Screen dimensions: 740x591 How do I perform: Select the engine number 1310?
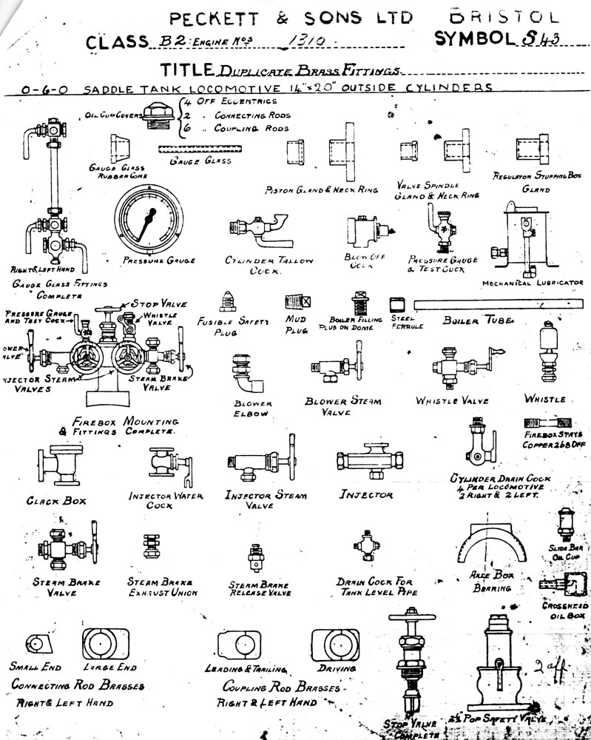[300, 43]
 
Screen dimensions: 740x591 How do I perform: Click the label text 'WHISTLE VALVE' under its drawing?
[452, 400]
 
